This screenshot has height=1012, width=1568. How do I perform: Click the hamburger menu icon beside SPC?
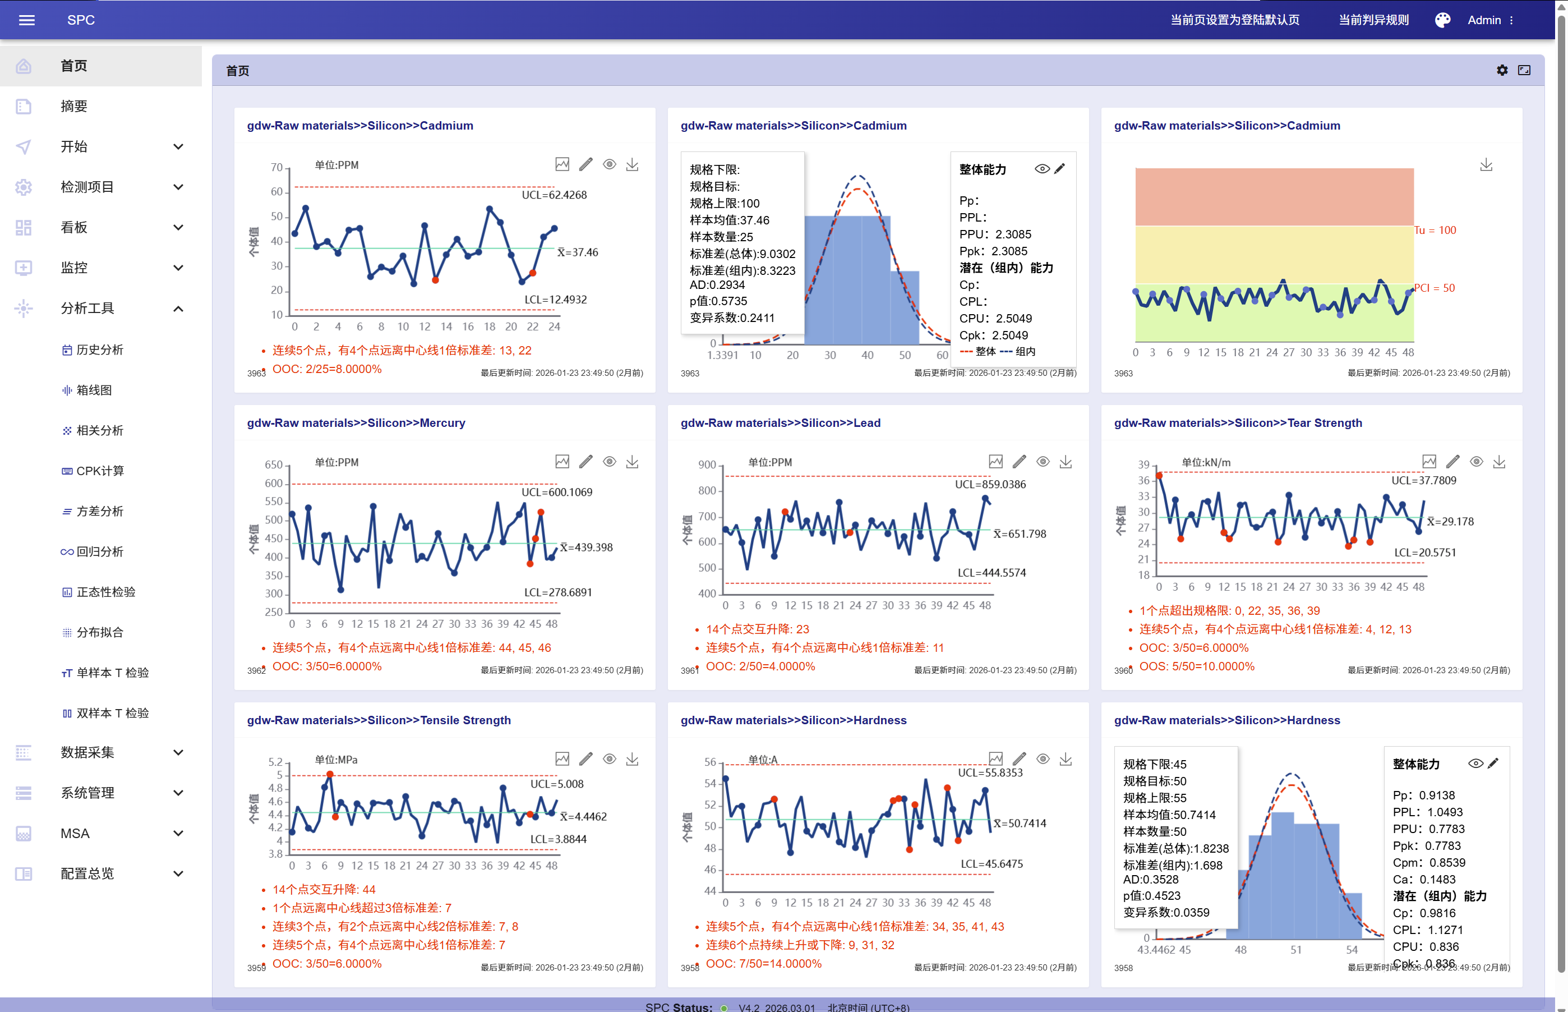pyautogui.click(x=27, y=20)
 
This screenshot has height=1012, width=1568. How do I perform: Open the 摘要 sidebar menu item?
pyautogui.click(x=73, y=107)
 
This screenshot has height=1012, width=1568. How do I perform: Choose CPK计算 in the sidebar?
pyautogui.click(x=99, y=471)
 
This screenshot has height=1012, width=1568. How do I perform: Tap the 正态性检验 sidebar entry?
pyautogui.click(x=105, y=592)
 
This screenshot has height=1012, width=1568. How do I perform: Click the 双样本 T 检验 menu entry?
pyautogui.click(x=112, y=713)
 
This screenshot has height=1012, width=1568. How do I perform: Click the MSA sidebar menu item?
pyautogui.click(x=75, y=833)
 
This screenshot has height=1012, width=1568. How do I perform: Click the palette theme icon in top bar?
pyautogui.click(x=1442, y=20)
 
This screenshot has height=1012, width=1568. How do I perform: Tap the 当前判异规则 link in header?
pyautogui.click(x=1373, y=20)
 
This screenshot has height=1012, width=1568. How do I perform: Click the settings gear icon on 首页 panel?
pyautogui.click(x=1502, y=70)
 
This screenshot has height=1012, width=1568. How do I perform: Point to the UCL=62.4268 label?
pyautogui.click(x=554, y=195)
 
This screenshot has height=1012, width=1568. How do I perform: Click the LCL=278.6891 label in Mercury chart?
pyautogui.click(x=557, y=592)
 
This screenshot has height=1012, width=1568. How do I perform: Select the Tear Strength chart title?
pyautogui.click(x=1238, y=423)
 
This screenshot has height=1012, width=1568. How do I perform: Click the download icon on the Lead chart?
pyautogui.click(x=1066, y=462)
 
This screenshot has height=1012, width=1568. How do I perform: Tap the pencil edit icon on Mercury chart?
pyautogui.click(x=585, y=462)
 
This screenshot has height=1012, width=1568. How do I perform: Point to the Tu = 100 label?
pyautogui.click(x=1435, y=231)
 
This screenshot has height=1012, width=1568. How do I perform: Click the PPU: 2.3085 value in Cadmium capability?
pyautogui.click(x=994, y=234)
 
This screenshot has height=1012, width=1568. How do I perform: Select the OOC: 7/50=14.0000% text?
pyautogui.click(x=763, y=963)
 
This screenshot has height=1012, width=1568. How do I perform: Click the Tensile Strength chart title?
pyautogui.click(x=379, y=720)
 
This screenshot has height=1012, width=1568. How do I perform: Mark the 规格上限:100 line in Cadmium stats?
pyautogui.click(x=724, y=204)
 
